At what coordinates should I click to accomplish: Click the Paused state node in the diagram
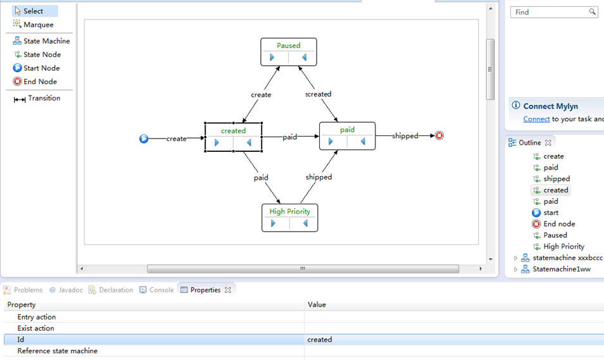click(x=289, y=52)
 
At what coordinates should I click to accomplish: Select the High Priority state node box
click(x=290, y=218)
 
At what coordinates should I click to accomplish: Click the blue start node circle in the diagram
click(x=144, y=139)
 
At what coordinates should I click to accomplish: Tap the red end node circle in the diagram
click(x=439, y=135)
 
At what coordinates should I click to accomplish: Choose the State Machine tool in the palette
click(x=41, y=41)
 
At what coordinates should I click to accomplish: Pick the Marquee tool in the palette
click(x=34, y=25)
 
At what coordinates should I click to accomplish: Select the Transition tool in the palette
click(x=37, y=98)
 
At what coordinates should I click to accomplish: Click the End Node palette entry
click(x=35, y=82)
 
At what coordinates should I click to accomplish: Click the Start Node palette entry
click(x=36, y=68)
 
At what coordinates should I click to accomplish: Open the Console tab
click(x=156, y=290)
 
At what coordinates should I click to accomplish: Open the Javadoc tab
click(x=66, y=290)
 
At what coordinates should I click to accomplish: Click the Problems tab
click(x=23, y=290)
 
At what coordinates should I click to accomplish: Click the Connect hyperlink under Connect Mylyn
click(x=536, y=119)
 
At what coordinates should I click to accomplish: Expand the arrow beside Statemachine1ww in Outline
click(x=515, y=270)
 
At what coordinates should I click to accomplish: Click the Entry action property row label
click(x=37, y=317)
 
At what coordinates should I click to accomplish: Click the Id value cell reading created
click(x=320, y=340)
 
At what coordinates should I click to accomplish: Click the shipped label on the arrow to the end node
click(x=405, y=136)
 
